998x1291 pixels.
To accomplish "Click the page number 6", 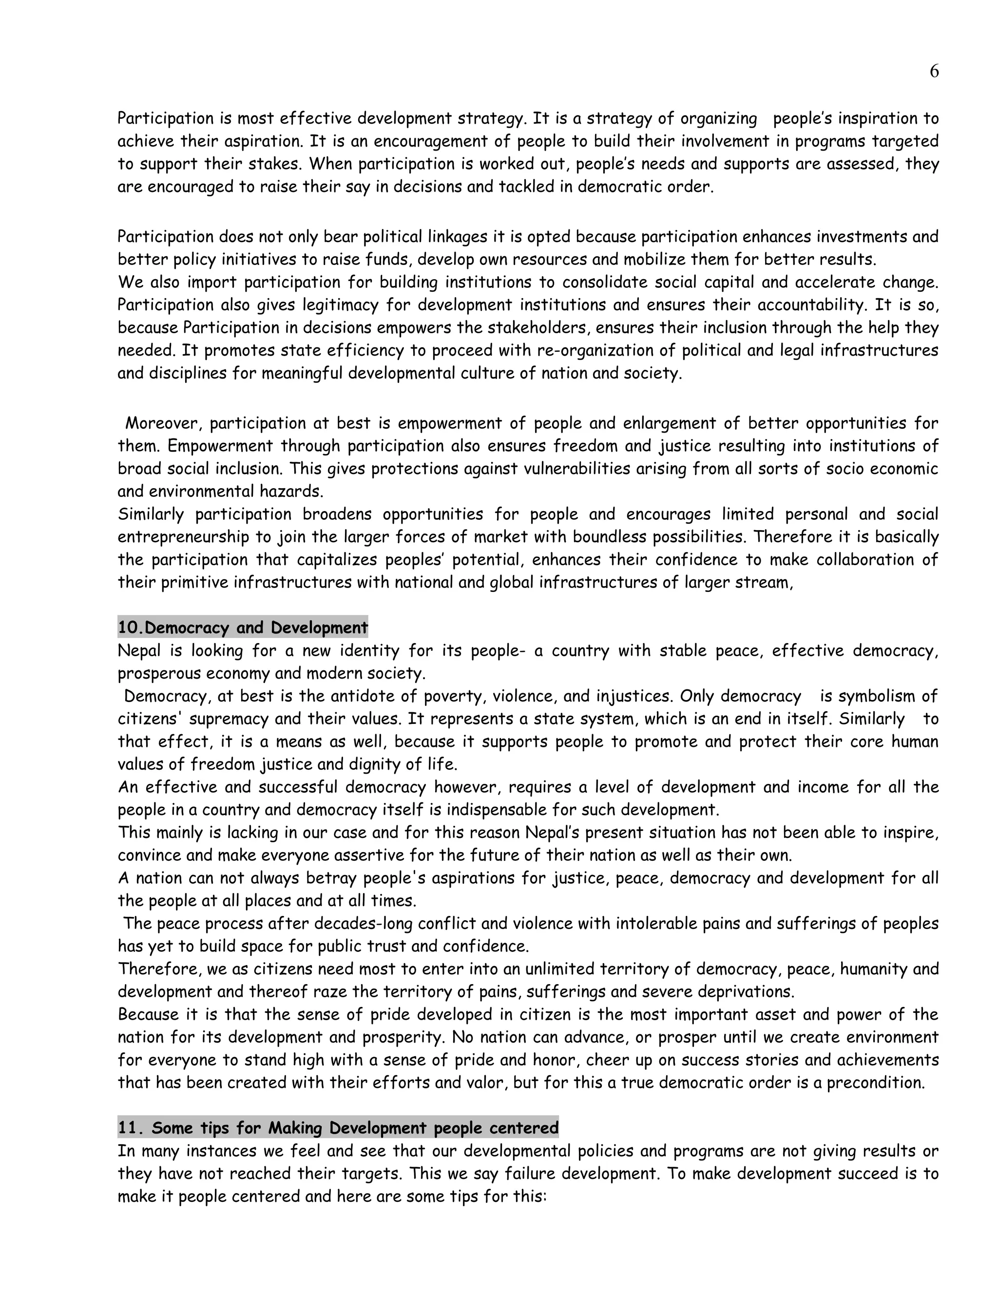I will click(934, 72).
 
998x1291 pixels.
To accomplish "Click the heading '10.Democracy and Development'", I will click(242, 627).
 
